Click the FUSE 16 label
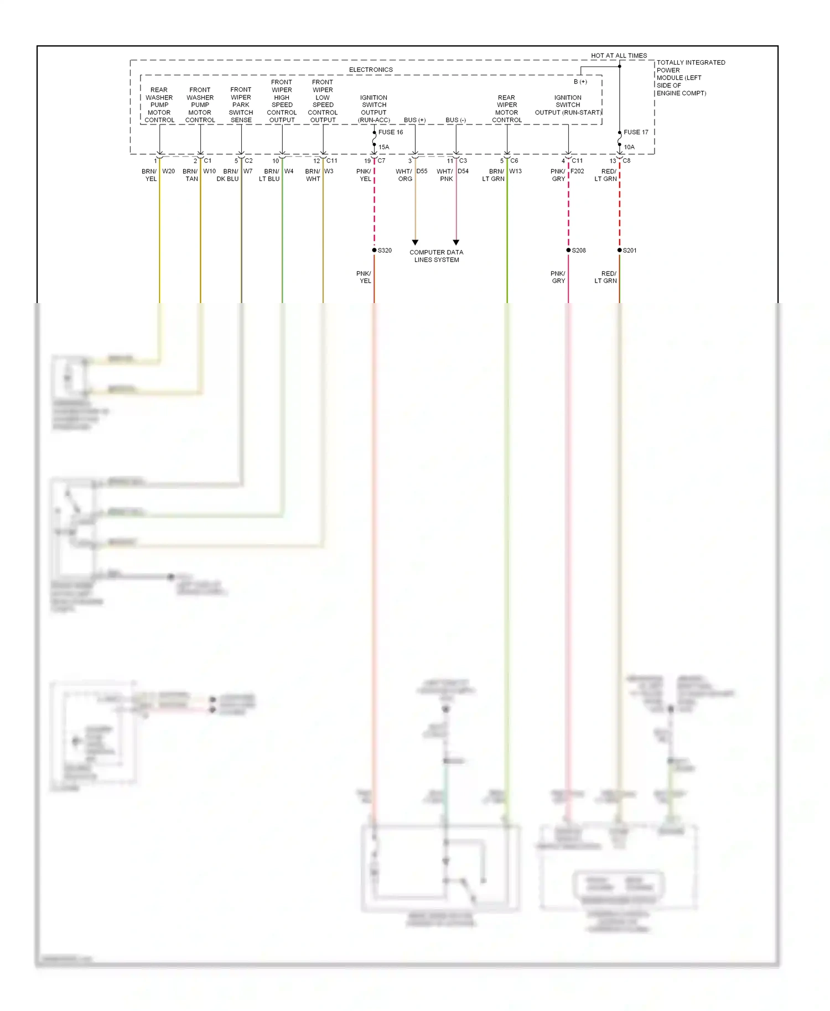391,132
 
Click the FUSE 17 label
636,132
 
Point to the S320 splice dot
375,251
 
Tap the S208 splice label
579,251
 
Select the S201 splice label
630,251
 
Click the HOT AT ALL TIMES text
619,56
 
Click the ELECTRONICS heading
371,70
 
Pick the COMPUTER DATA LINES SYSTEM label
437,256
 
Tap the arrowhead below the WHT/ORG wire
415,242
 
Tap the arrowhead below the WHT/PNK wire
456,242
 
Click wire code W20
168,171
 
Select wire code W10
209,171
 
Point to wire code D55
422,171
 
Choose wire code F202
577,171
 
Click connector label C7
381,161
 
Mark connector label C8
626,161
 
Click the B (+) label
580,82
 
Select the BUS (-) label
455,120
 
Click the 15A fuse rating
383,147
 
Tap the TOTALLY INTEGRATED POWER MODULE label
691,78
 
